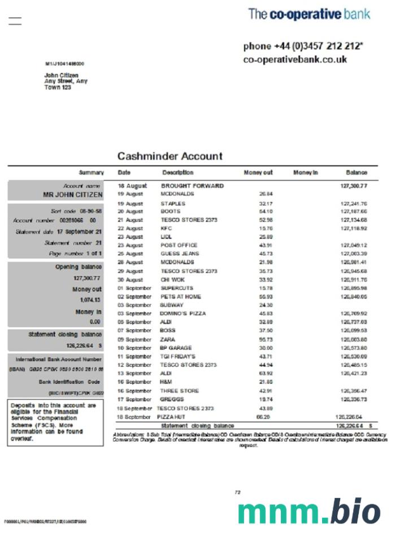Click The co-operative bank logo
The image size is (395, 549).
[x=309, y=14]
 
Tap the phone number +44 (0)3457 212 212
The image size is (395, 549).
[x=303, y=46]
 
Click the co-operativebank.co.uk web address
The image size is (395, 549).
[x=295, y=59]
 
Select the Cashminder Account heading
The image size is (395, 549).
[x=170, y=156]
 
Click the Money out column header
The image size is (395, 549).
[x=258, y=173]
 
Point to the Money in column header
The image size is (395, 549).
[x=306, y=173]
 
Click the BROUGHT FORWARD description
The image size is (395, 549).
[x=192, y=186]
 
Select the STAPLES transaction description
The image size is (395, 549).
[x=173, y=203]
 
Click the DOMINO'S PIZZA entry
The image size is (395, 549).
[x=183, y=313]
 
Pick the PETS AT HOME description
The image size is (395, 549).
[x=180, y=296]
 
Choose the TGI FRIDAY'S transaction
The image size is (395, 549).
[x=177, y=356]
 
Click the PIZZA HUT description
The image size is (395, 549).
[x=172, y=417]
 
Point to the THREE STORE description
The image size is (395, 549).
[x=180, y=391]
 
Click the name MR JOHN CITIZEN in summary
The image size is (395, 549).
[x=73, y=194]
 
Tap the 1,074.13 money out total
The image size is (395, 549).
[x=90, y=300]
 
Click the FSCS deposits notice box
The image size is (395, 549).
[x=55, y=422]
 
